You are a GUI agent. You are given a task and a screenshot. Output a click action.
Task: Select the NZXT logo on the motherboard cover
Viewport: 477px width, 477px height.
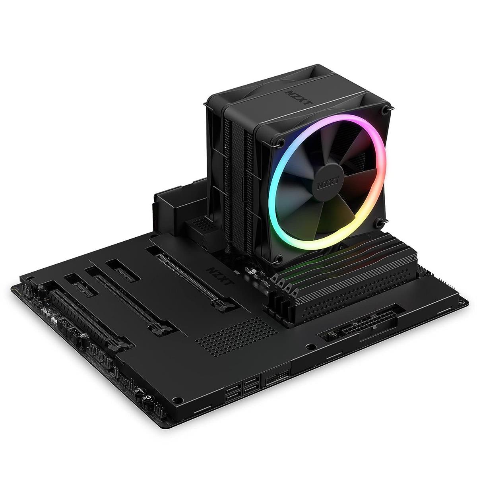pyautogui.click(x=218, y=275)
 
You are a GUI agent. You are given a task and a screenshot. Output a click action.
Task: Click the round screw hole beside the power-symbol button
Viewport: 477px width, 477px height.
pyautogui.click(x=180, y=399)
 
